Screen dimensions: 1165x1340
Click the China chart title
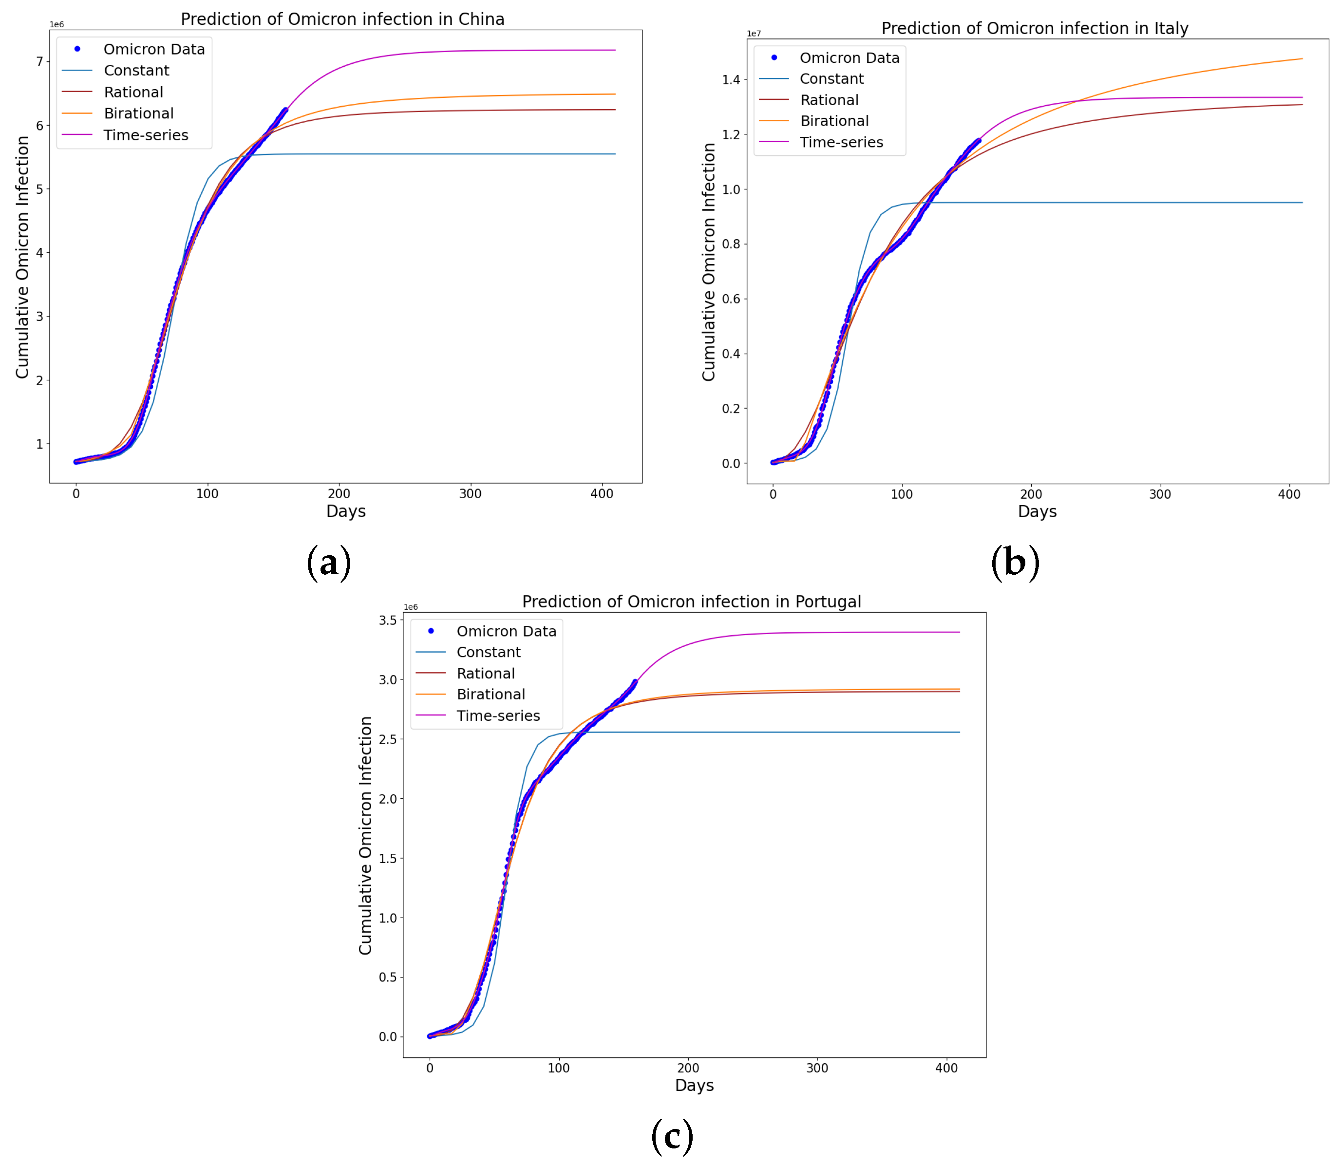[x=342, y=19]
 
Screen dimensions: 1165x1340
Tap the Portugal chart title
[x=691, y=601]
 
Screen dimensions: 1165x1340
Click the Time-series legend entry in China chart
[x=146, y=135]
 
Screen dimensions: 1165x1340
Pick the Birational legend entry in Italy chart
[x=834, y=121]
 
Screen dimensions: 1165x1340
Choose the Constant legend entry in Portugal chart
[x=488, y=652]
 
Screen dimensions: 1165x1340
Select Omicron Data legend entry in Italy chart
[x=849, y=58]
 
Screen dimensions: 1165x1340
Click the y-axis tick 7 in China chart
[x=39, y=62]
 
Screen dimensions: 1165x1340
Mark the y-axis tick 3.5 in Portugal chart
[x=388, y=620]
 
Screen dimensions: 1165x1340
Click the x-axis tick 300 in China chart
[x=470, y=493]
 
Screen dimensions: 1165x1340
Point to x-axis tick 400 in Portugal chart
[x=946, y=1068]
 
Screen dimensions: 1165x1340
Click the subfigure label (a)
[x=329, y=563]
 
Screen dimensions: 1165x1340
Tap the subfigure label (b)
[x=1015, y=563]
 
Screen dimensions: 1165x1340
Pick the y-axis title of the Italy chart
[x=708, y=262]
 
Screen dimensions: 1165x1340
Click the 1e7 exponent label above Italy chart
[x=754, y=33]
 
